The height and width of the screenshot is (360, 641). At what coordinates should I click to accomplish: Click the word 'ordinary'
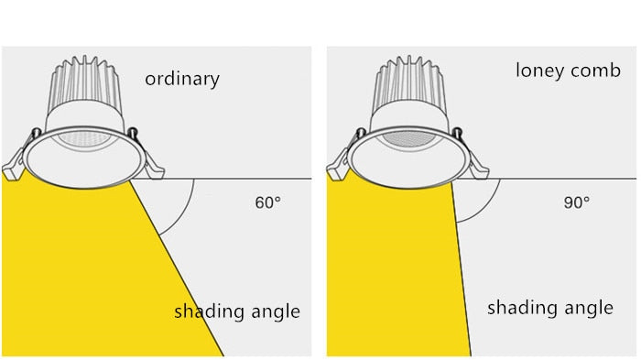(x=182, y=79)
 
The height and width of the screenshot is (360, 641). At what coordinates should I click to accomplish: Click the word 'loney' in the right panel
(x=539, y=71)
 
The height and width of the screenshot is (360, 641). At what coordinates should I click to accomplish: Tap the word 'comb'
(x=596, y=71)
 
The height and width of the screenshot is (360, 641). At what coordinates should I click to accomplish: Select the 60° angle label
(x=267, y=202)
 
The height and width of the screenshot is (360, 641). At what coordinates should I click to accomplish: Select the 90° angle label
(x=576, y=202)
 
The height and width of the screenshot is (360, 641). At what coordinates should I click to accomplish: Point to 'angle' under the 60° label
(x=273, y=312)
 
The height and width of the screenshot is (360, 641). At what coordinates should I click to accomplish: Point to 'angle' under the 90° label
(x=586, y=309)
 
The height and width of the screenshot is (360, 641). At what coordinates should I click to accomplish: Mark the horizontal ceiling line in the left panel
(x=247, y=178)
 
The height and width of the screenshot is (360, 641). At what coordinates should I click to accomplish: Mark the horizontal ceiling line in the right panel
(x=559, y=178)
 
